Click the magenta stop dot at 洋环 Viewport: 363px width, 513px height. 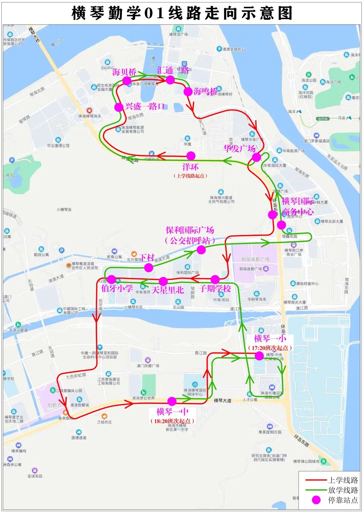pos(191,156)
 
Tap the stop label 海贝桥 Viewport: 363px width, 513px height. pos(124,72)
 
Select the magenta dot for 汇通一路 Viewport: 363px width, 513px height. pos(170,80)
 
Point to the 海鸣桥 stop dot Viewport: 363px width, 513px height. pos(188,91)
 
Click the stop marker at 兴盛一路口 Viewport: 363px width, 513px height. pos(119,107)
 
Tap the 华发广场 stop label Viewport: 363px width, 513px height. pos(240,148)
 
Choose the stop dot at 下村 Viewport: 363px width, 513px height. pos(149,268)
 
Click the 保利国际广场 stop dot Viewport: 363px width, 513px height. pos(201,250)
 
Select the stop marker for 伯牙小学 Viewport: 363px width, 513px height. pos(111,279)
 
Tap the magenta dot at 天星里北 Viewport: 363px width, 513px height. pos(163,281)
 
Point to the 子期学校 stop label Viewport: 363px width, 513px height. pos(215,289)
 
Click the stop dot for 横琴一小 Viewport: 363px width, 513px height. pos(259,356)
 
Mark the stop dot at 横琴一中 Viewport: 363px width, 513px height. pos(172,401)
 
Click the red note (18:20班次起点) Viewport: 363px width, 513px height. pos(172,421)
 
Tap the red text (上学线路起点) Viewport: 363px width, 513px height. pos(190,176)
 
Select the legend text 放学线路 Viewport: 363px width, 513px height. pos(343,490)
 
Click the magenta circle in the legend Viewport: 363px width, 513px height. pos(316,500)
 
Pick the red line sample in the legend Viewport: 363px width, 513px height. pos(316,480)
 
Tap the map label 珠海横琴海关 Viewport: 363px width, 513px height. pos(90,116)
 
